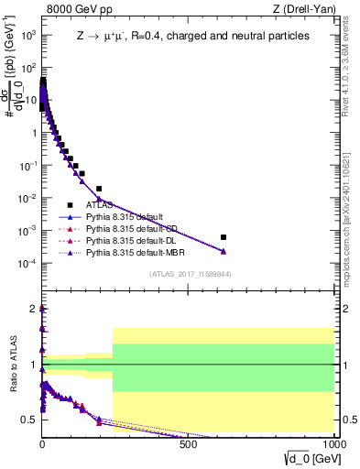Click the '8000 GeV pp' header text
pyautogui.click(x=75, y=9)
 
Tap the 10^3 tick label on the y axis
pyautogui.click(x=27, y=35)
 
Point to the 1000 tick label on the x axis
pyautogui.click(x=333, y=449)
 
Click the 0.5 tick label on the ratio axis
pyautogui.click(x=29, y=420)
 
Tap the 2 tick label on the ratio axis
pyautogui.click(x=33, y=309)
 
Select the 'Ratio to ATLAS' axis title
pyautogui.click(x=12, y=366)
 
